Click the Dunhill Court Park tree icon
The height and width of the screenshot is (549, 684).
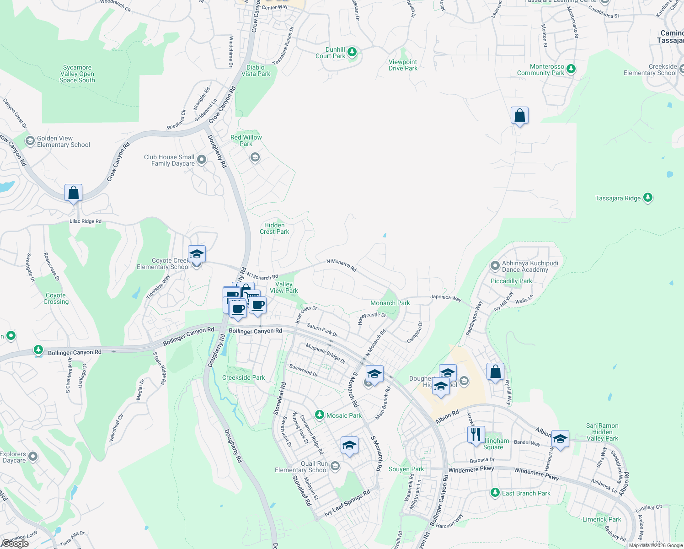(352, 52)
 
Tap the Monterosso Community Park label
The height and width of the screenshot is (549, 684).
(541, 70)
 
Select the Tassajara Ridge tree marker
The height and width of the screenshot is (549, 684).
(647, 198)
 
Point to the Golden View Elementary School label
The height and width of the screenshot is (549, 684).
(64, 142)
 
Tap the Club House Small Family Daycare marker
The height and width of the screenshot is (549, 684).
(202, 160)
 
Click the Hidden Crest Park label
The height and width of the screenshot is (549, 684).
(274, 228)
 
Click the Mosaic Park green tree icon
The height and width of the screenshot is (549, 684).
(320, 415)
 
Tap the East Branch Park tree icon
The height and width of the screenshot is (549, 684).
(495, 493)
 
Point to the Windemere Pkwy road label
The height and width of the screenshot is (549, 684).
(471, 470)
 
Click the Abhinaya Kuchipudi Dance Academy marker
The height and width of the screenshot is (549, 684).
(495, 266)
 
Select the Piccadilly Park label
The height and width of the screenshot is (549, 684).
(511, 281)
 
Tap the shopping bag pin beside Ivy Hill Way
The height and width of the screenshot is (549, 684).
(495, 372)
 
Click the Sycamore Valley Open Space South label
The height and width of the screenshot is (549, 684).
(77, 74)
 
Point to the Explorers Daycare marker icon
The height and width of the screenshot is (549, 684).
(32, 457)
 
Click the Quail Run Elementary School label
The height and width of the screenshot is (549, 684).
(301, 467)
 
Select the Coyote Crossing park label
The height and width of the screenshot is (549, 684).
(56, 299)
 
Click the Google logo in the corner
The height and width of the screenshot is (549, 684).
(16, 543)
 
